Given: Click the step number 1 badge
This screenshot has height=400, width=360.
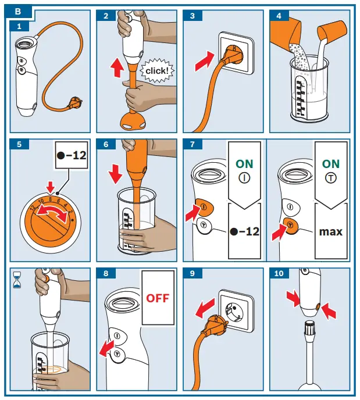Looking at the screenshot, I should [19, 26].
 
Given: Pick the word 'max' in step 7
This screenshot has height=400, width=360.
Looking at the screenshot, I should [331, 231].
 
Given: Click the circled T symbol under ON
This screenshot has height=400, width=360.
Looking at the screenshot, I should [330, 178].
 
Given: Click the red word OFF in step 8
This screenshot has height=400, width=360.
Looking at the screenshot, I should [158, 298].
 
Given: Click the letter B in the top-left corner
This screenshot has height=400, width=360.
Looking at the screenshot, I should [19, 10].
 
